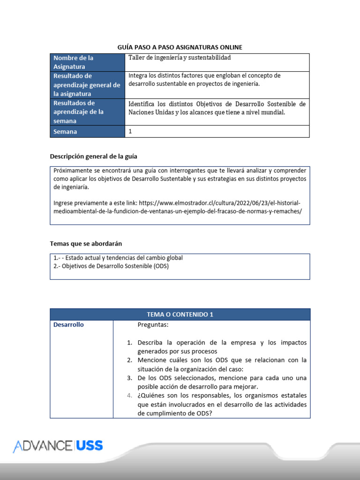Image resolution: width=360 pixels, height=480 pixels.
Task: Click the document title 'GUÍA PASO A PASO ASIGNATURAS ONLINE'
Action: (x=180, y=47)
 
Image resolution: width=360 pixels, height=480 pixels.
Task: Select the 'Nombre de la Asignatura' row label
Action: (x=74, y=62)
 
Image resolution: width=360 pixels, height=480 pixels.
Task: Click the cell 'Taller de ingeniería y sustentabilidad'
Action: (x=180, y=58)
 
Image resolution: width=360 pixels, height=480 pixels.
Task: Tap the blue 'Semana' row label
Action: (x=65, y=132)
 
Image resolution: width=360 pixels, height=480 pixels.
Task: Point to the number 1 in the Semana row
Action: (x=130, y=132)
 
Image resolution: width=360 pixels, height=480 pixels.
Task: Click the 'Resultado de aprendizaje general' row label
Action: (x=87, y=85)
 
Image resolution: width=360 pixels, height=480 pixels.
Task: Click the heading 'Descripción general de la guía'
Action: (x=94, y=156)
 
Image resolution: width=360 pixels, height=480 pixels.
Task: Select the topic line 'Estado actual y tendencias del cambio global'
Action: (x=120, y=258)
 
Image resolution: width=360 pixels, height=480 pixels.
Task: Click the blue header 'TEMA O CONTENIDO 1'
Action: (x=180, y=315)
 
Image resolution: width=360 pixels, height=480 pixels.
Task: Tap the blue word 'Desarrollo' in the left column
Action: (x=68, y=324)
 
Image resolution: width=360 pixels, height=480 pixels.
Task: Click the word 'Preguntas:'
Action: (x=153, y=324)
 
